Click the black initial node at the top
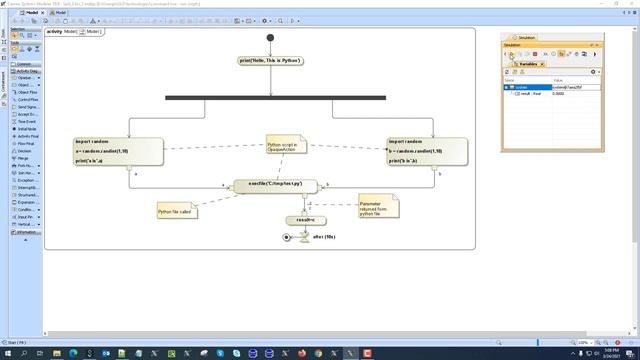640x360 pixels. [x=270, y=38]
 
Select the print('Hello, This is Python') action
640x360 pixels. [x=270, y=61]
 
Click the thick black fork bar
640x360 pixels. [x=275, y=97]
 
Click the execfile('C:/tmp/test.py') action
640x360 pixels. [x=275, y=185]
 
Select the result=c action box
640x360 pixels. [x=299, y=220]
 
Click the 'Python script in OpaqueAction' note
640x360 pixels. [x=285, y=148]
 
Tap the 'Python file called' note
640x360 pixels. [x=175, y=210]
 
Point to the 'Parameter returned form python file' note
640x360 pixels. [x=376, y=207]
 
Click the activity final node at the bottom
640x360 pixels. [x=287, y=237]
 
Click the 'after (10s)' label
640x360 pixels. [x=323, y=237]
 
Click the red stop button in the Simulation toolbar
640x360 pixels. [x=535, y=54]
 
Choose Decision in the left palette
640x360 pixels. [x=25, y=150]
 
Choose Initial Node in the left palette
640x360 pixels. [x=27, y=128]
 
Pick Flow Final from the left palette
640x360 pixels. [x=27, y=143]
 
